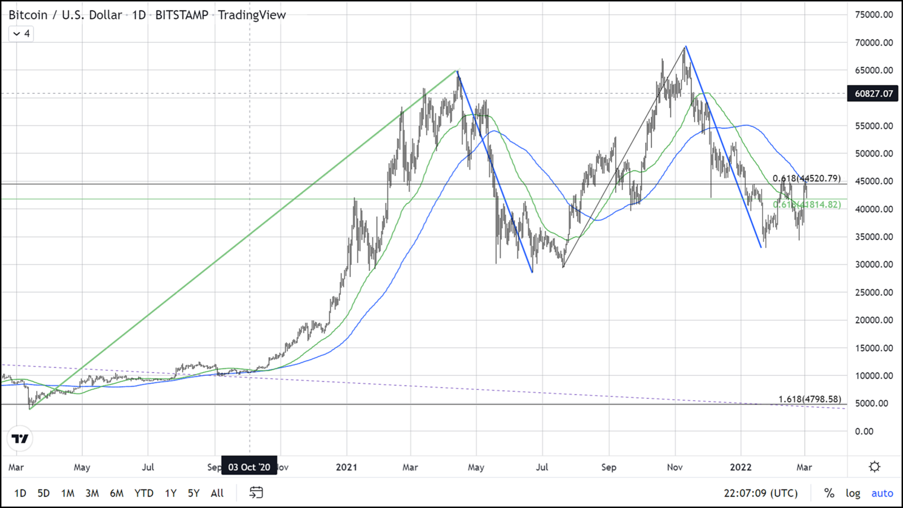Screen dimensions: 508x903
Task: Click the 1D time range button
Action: pos(20,493)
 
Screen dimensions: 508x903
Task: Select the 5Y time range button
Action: pos(194,493)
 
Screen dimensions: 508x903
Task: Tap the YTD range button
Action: pos(144,493)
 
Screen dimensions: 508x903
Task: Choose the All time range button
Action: pos(217,493)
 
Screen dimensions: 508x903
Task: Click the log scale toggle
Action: pos(853,493)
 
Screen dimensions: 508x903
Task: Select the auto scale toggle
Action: pos(882,493)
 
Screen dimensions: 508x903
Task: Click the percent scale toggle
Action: pos(829,493)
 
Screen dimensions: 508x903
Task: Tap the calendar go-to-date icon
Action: pos(256,493)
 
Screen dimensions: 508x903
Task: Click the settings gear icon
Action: pos(875,467)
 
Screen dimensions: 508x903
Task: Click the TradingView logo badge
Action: pos(20,439)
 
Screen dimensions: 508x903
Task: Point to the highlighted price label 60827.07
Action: pos(874,94)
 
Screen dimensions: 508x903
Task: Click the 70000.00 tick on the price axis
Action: pos(874,43)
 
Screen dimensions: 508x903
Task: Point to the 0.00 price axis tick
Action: pos(864,432)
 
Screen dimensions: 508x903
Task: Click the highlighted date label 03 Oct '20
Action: pos(249,467)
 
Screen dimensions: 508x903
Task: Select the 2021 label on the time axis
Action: pos(347,467)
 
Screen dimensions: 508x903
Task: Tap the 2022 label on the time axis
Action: pos(741,467)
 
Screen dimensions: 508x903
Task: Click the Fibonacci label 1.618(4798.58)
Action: pos(809,399)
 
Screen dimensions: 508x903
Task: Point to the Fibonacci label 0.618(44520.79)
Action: pos(806,178)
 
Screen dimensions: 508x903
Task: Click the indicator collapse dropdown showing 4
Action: pos(21,34)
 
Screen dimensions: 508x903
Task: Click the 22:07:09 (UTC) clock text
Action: pos(761,493)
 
